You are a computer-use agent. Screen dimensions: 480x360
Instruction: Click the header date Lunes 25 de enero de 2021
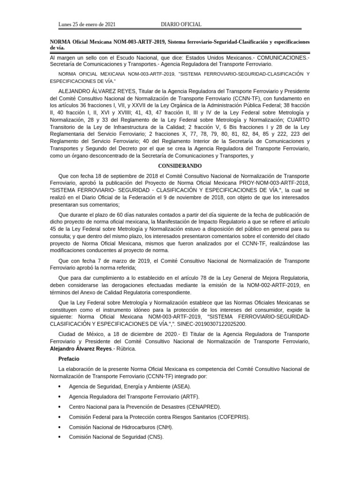tap(87, 24)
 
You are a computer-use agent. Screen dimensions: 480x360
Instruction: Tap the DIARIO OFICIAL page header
tap(181, 24)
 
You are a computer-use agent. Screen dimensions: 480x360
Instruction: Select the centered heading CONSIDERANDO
tap(180, 166)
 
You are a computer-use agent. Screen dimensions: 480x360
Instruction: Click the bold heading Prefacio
tap(68, 358)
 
